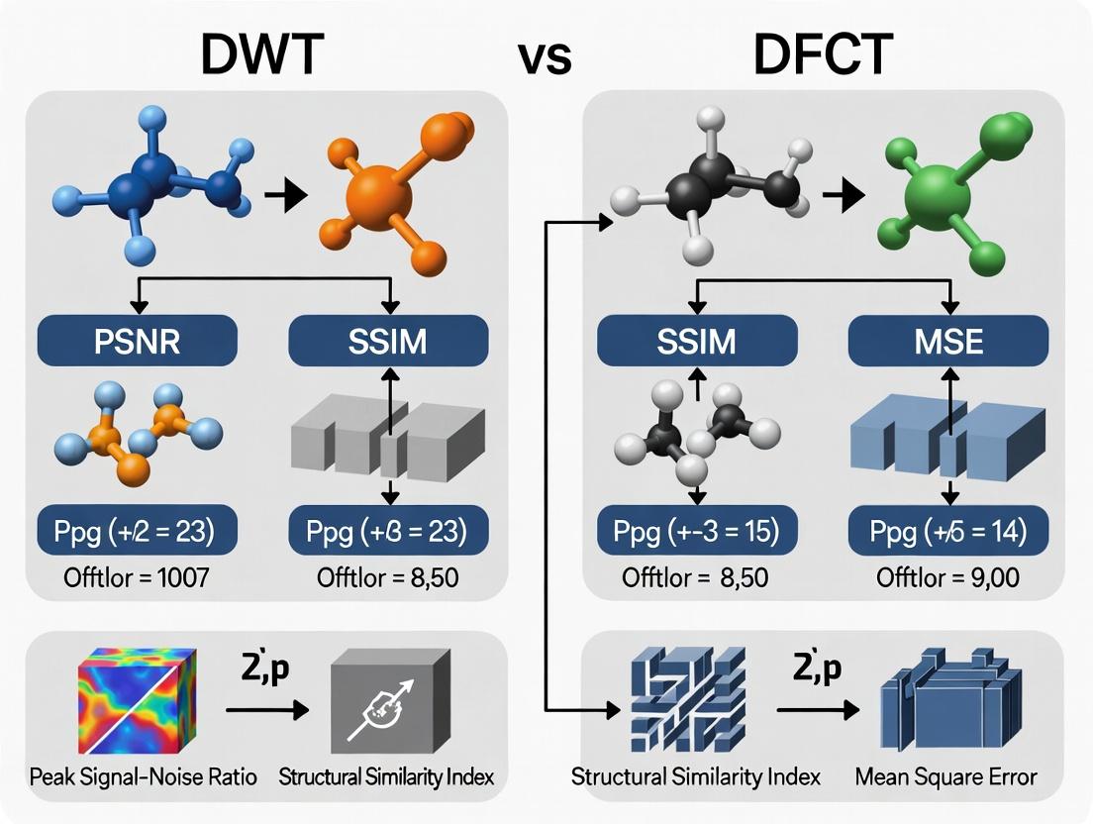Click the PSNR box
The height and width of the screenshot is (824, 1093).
pos(137,342)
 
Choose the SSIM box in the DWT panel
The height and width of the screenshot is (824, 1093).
pos(388,342)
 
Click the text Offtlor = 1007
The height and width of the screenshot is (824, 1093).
pos(138,577)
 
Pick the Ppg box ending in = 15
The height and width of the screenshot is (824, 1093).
pos(698,533)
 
